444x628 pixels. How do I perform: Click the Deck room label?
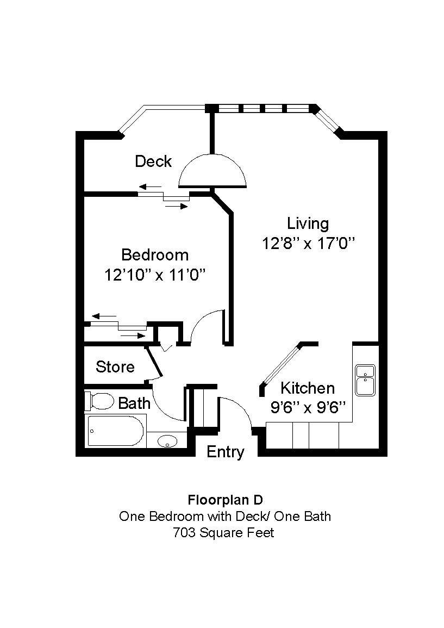coord(153,161)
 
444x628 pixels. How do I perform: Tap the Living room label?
coord(308,223)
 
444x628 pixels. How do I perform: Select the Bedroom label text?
coord(155,255)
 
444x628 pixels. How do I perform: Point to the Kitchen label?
coord(307,388)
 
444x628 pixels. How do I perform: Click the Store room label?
coord(115,367)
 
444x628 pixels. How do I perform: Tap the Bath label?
coord(134,403)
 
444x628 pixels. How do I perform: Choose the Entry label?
coord(226,452)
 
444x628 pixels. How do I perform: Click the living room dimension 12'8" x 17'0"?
coord(308,244)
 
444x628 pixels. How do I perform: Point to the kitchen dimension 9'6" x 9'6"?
coord(308,408)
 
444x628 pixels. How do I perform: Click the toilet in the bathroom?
coord(99,401)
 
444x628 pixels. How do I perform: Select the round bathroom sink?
coord(167,441)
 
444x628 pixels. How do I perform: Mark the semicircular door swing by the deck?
coord(212,171)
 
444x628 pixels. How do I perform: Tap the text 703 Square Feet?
coord(223,533)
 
